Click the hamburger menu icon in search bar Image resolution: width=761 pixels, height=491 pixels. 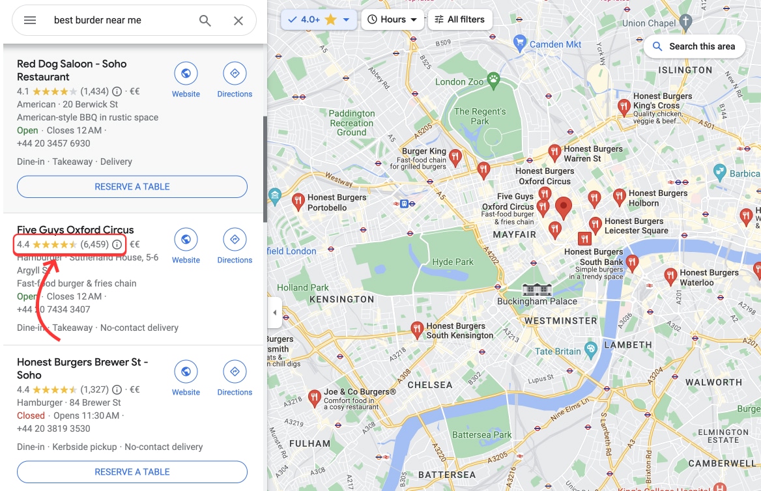coord(30,20)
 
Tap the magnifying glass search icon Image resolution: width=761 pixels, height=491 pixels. coord(205,20)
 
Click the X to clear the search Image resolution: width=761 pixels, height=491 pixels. coord(238,20)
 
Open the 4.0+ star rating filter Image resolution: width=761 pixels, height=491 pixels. coord(319,20)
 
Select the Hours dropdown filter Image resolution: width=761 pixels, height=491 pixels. coord(392,20)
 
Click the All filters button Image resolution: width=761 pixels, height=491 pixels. coord(460,20)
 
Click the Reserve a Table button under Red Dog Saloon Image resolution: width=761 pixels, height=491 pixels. coord(132,186)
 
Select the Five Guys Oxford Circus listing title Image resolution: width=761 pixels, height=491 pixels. coord(76,230)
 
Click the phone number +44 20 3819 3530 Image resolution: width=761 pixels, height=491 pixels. coord(53,428)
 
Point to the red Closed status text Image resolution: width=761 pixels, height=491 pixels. coord(31,415)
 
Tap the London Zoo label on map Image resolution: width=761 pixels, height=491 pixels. coord(459,82)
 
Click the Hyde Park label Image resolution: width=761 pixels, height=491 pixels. coord(453,262)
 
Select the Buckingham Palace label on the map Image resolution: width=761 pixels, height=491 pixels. coord(537,301)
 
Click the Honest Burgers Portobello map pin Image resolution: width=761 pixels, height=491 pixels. coord(298,201)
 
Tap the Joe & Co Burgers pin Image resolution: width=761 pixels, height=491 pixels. coord(314,397)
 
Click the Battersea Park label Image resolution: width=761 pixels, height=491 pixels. coord(481,434)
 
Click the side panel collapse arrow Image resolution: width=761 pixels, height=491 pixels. coord(274,313)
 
